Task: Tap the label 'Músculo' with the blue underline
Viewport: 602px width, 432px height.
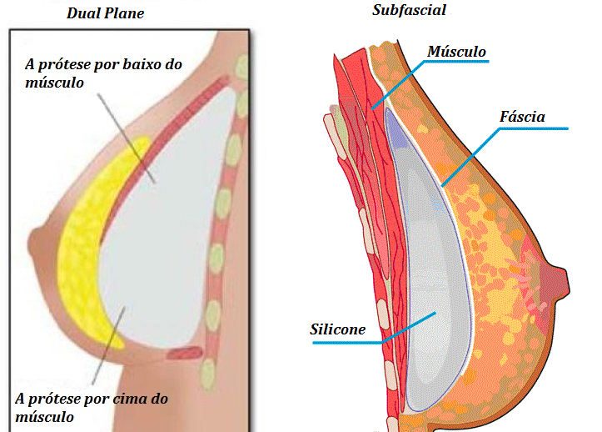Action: (455, 53)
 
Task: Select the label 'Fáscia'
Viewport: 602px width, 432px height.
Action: (522, 117)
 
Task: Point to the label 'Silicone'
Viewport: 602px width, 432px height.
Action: (338, 329)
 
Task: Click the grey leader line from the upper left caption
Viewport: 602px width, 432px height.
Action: (125, 133)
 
